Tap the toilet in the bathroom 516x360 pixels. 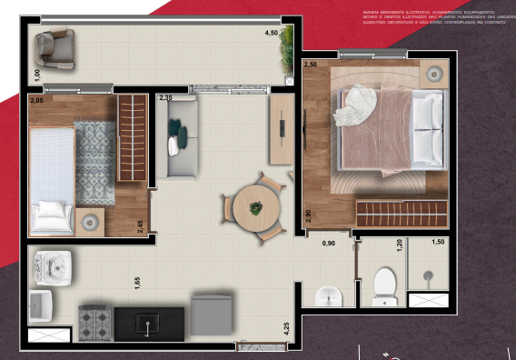pos(385,285)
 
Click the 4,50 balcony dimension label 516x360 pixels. pos(271,33)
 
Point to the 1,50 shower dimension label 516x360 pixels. pos(438,242)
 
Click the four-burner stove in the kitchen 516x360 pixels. pos(95,321)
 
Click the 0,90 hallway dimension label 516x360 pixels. pos(330,243)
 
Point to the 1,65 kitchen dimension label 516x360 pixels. pos(137,283)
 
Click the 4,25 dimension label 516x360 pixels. pos(287,328)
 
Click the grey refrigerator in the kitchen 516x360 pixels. pos(212,315)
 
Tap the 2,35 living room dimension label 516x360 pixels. pos(165,97)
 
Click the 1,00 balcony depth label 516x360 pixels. pos(36,74)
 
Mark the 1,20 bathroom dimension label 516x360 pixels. pos(398,243)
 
